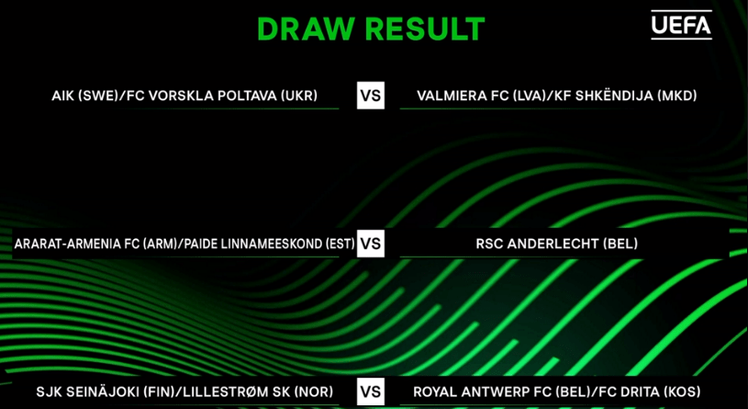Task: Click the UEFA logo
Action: click(681, 25)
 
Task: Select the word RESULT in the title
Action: click(424, 29)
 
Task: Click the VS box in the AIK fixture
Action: click(371, 96)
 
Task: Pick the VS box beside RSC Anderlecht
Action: click(371, 244)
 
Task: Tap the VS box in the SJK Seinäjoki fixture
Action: click(371, 392)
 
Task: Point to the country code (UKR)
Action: click(299, 96)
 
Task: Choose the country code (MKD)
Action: click(677, 96)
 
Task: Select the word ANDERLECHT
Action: click(553, 244)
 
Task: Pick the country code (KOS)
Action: click(682, 392)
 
